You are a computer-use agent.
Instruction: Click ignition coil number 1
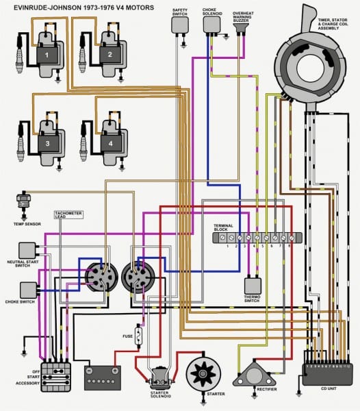[47, 53]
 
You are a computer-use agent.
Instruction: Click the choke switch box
[28, 289]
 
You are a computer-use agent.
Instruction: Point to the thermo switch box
[252, 285]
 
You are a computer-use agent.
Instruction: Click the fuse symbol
[140, 336]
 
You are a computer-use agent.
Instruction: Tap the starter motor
[204, 375]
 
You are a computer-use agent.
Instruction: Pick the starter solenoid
[159, 377]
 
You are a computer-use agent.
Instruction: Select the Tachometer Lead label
[68, 215]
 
